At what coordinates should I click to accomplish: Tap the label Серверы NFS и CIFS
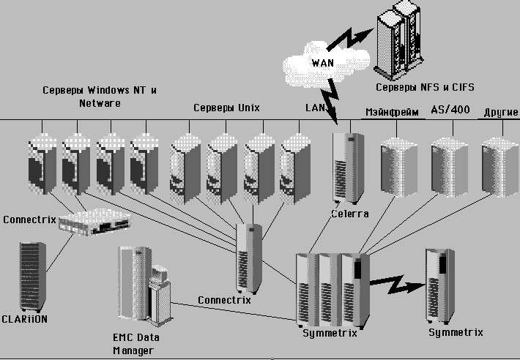pos(425,87)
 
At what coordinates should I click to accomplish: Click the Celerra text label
pos(349,214)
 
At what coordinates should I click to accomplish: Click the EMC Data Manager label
pos(136,343)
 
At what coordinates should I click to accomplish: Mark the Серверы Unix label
pos(226,108)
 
